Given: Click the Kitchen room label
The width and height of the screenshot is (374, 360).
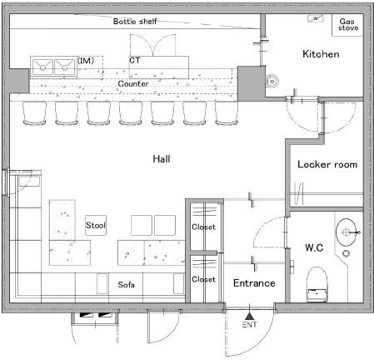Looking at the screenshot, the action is point(321,54).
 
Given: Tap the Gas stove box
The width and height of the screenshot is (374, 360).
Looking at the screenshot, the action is point(347,25).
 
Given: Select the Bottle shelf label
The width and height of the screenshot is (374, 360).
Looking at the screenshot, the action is point(135,22).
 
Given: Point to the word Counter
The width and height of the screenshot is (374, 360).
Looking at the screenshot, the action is point(133,83).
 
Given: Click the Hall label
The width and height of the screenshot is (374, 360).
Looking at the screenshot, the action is point(162,159).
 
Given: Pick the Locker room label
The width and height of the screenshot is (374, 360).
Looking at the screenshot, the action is point(327,164).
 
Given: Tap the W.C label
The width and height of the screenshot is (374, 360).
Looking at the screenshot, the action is point(314,247).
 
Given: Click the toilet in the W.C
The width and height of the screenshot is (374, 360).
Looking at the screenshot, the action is point(317,284).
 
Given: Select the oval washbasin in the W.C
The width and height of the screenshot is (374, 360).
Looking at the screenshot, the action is point(346,232).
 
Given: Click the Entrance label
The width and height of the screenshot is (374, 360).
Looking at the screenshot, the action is point(254,283).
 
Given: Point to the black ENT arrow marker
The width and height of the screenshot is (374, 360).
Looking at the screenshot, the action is point(250,316).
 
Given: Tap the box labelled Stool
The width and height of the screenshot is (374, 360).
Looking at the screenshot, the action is point(96,225).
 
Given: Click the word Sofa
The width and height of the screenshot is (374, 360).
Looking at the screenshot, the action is point(126,284).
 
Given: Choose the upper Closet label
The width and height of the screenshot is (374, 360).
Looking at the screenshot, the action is point(203,227).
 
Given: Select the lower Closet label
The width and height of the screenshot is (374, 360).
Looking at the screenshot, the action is point(203,279).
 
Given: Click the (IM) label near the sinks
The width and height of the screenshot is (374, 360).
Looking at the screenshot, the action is point(86,60).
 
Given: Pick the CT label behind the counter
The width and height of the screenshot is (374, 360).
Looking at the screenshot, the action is point(135,60).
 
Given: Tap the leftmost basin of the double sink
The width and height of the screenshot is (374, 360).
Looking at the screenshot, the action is point(42,67).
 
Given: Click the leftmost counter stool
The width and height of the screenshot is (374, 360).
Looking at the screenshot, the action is point(34,113).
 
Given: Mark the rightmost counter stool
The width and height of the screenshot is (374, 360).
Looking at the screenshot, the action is point(227,113).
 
